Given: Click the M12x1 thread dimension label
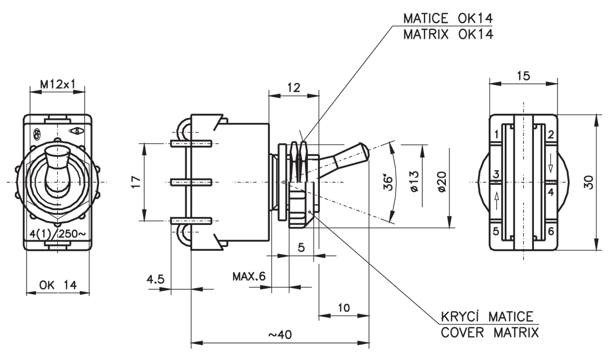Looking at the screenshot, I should [x=58, y=84].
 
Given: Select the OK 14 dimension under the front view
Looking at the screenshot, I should [x=58, y=285].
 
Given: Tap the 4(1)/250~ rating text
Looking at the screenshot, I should [x=57, y=235].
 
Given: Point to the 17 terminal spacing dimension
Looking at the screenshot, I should [x=136, y=182].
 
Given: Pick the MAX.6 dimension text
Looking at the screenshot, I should [x=249, y=277].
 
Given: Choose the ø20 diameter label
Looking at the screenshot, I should [x=442, y=182].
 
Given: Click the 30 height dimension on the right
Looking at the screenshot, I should [x=589, y=182].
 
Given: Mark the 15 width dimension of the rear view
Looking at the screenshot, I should [x=523, y=76].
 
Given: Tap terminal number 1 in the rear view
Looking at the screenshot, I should [x=497, y=134].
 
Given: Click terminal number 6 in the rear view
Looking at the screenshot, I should [x=551, y=231].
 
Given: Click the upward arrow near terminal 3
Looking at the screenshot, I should [x=497, y=200].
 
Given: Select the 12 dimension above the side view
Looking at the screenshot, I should [x=294, y=88].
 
